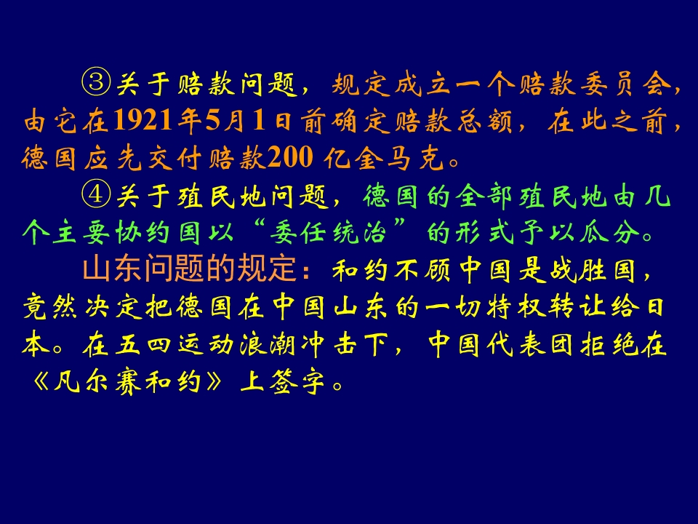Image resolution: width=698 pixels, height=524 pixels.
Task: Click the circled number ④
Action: click(x=95, y=196)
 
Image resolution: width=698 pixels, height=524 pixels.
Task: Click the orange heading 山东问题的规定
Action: click(x=191, y=271)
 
